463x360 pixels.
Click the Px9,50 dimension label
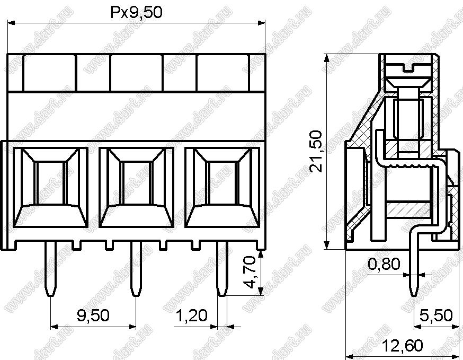coord(137,13)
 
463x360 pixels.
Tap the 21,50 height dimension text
coord(316,151)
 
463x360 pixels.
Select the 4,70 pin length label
coord(249,272)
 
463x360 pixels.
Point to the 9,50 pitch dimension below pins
coord(93,315)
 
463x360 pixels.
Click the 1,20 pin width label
coord(192,315)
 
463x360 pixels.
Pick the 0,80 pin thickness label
coord(384,264)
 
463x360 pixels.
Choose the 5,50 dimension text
coord(436,315)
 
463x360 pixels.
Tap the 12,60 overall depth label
coord(403,346)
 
